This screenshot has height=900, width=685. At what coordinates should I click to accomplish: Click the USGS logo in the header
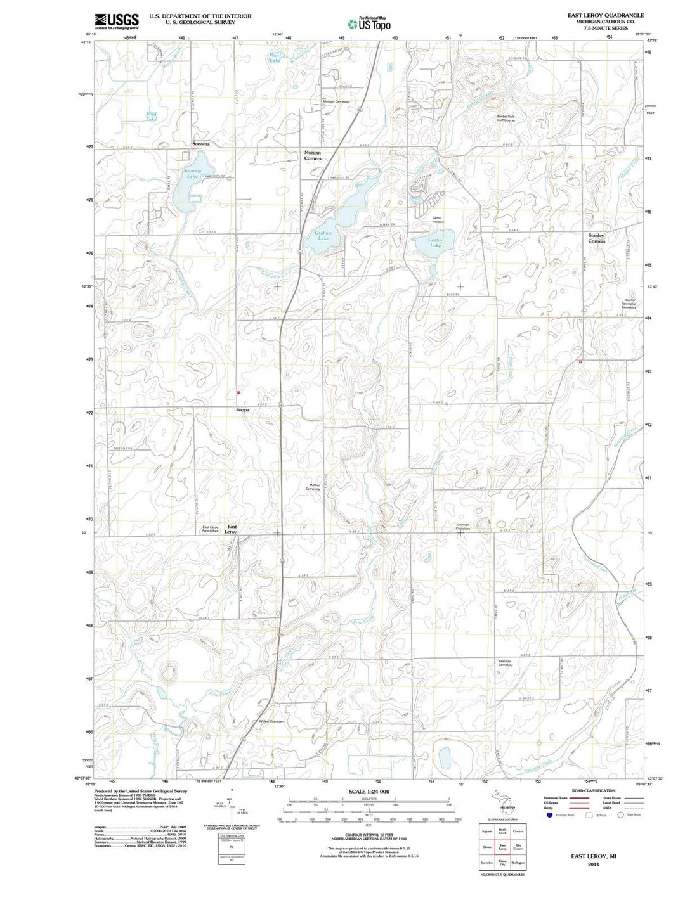pyautogui.click(x=117, y=21)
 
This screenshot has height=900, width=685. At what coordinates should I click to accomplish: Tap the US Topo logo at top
pyautogui.click(x=369, y=24)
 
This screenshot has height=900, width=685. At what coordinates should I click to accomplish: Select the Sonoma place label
pyautogui.click(x=200, y=145)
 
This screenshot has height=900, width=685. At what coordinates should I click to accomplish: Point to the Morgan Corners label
pyautogui.click(x=313, y=155)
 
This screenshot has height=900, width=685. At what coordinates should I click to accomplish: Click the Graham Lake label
pyautogui.click(x=323, y=236)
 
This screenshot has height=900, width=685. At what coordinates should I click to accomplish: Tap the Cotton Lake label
pyautogui.click(x=435, y=243)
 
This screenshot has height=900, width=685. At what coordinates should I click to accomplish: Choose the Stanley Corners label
pyautogui.click(x=596, y=238)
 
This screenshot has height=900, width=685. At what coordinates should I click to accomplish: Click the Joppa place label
pyautogui.click(x=242, y=411)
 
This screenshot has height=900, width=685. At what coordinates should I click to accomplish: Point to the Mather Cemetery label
pyautogui.click(x=313, y=487)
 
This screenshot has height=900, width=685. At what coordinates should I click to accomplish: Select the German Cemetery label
pyautogui.click(x=463, y=527)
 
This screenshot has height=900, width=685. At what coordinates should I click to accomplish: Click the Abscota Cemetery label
pyautogui.click(x=506, y=663)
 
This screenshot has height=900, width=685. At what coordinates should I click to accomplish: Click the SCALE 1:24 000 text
pyautogui.click(x=369, y=792)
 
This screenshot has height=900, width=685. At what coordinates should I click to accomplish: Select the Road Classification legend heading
pyautogui.click(x=593, y=790)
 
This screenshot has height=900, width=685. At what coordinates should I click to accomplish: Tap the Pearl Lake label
pyautogui.click(x=275, y=58)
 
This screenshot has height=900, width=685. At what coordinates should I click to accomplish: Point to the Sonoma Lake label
pyautogui.click(x=192, y=174)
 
